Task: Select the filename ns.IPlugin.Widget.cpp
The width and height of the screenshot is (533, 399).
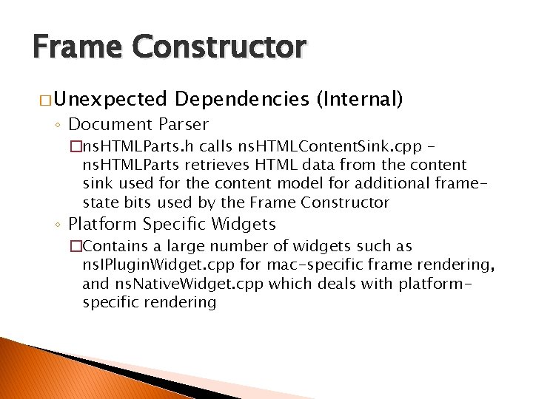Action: pos(155,265)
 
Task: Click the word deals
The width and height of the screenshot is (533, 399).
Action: pos(341,284)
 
